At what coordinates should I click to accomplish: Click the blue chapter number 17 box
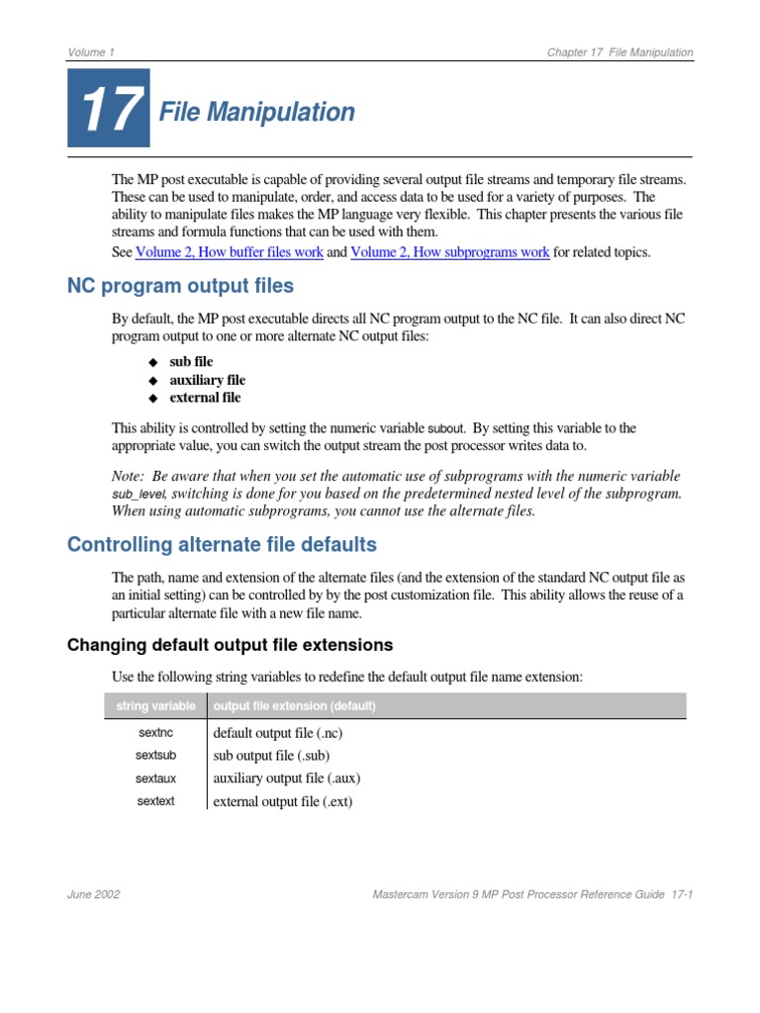(x=109, y=109)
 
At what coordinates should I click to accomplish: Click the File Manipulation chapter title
(x=257, y=113)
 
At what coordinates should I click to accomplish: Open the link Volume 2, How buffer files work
(x=229, y=252)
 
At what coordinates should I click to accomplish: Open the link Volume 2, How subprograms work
(x=449, y=252)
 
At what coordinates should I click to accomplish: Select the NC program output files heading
(x=180, y=287)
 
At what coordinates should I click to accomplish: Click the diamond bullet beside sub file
(x=152, y=363)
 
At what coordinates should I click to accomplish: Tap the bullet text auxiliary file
(x=207, y=380)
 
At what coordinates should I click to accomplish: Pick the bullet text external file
(x=205, y=398)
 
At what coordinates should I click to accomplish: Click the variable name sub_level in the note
(x=138, y=494)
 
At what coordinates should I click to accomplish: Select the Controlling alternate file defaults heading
(x=222, y=545)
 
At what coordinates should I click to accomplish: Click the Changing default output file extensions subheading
(x=230, y=645)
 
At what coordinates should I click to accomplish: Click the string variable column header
(x=155, y=706)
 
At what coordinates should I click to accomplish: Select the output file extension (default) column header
(x=294, y=706)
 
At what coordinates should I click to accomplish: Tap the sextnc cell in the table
(x=155, y=733)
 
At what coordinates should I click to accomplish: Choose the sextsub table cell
(x=155, y=756)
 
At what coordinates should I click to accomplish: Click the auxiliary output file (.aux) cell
(x=280, y=779)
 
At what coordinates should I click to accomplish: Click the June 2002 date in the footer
(x=94, y=894)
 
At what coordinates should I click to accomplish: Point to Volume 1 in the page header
(x=90, y=52)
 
